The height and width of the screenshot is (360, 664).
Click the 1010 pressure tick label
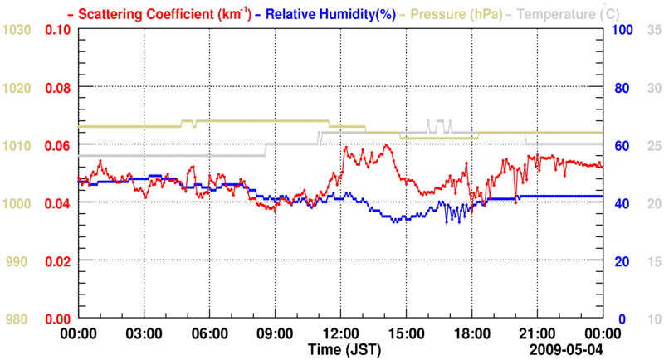click(x=18, y=146)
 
